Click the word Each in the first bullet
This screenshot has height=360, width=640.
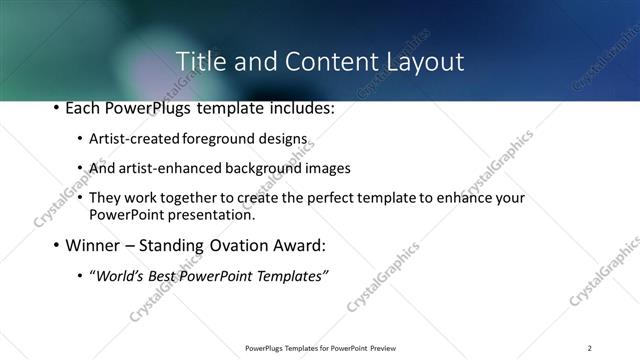83,108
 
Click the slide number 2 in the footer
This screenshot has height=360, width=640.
590,347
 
